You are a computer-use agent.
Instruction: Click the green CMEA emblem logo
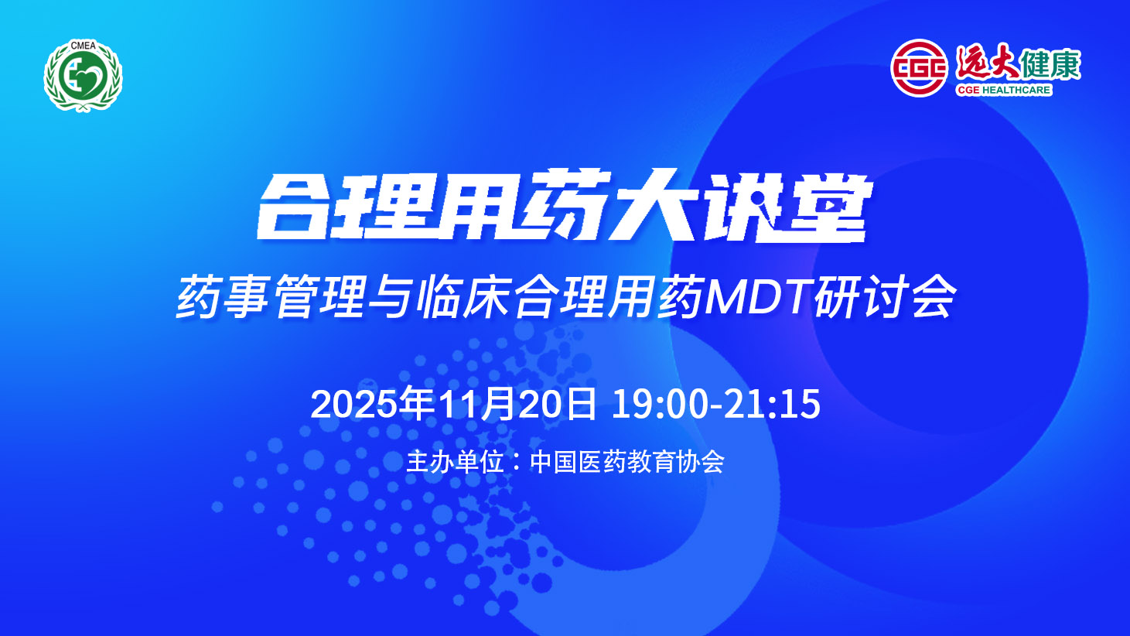pyautogui.click(x=84, y=76)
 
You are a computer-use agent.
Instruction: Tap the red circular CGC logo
pyautogui.click(x=919, y=68)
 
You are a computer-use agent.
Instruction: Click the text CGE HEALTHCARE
pyautogui.click(x=1003, y=90)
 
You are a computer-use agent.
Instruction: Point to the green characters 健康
pyautogui.click(x=1050, y=64)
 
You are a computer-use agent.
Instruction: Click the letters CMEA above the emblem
pyautogui.click(x=84, y=46)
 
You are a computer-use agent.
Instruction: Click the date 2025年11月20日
pyautogui.click(x=453, y=404)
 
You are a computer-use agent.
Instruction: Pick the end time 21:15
pyautogui.click(x=772, y=405)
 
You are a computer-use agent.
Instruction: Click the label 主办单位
pyautogui.click(x=455, y=461)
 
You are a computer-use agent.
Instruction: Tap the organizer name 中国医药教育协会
pyautogui.click(x=627, y=461)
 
